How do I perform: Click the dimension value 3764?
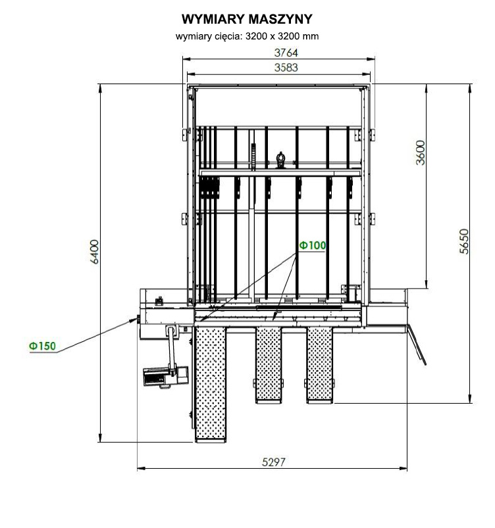[x=286, y=53]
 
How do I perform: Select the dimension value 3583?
[x=286, y=68]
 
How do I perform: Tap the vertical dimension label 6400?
[x=95, y=252]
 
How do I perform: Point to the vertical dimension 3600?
[x=421, y=153]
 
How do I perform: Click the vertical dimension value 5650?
[x=464, y=241]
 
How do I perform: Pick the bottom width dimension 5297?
[x=273, y=462]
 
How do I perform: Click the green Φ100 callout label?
[x=313, y=245]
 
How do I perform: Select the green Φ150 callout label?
[x=42, y=346]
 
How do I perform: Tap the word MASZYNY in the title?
[x=280, y=19]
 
